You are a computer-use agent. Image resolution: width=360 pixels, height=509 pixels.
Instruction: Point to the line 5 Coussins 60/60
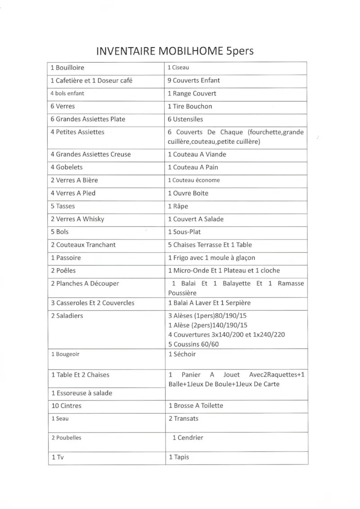(193, 344)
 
